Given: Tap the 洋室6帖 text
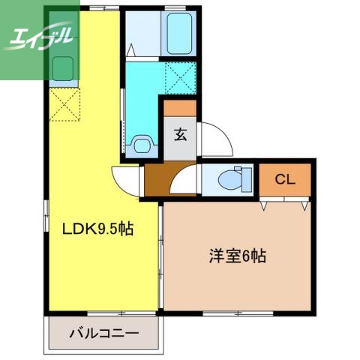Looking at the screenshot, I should pos(238,256).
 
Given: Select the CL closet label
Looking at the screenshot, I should pos(284,179).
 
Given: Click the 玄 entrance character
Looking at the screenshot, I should pos(181,136).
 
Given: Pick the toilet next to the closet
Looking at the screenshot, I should pos(234,179).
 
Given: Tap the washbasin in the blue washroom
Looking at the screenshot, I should pos(141,143).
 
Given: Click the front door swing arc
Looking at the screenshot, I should pos(213,139).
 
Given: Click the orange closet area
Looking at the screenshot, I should pos(284,179).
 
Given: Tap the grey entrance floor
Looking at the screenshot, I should pos(181,146).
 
